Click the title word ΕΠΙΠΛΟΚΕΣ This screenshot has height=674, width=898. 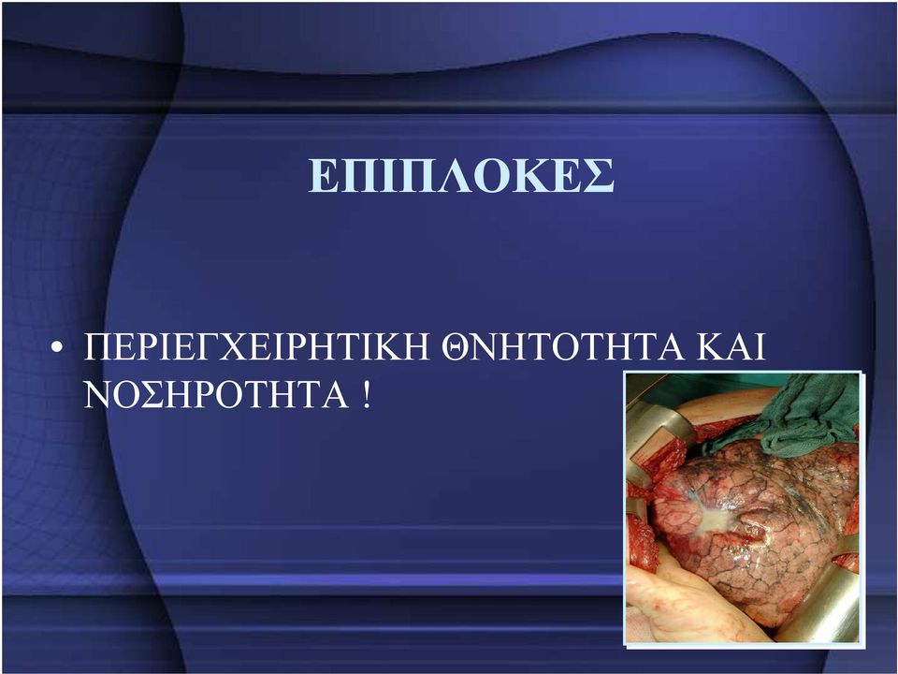461,175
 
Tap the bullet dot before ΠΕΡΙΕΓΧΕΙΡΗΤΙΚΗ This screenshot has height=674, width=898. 57,348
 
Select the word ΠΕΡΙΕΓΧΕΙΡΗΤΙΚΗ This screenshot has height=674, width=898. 256,346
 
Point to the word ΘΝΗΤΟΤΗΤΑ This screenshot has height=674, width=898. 563,346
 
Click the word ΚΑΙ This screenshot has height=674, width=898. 731,346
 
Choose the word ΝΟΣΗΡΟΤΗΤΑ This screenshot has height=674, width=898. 216,394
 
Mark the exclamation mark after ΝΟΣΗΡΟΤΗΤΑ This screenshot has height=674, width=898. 367,394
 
